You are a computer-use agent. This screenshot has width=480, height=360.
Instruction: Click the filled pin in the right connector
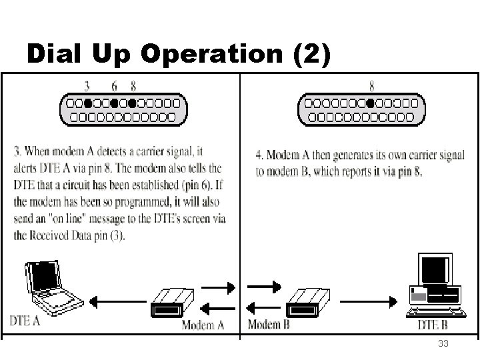(x=370, y=104)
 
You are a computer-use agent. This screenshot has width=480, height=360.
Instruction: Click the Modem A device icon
(x=172, y=303)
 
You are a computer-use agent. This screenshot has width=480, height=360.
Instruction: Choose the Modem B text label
(x=269, y=325)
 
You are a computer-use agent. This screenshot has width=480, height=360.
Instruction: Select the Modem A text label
(x=203, y=325)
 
